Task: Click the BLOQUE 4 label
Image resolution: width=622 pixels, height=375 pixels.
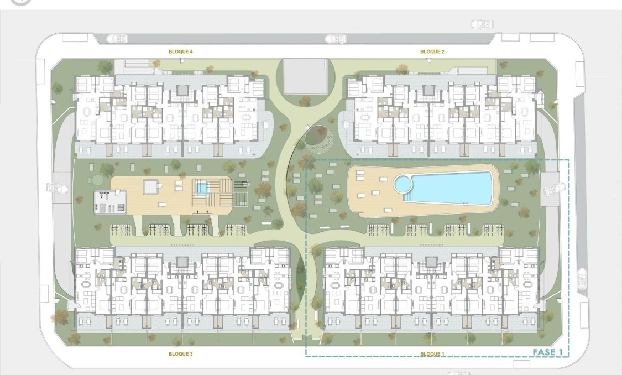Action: [180, 51]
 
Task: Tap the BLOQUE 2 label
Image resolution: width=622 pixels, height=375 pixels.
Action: [432, 51]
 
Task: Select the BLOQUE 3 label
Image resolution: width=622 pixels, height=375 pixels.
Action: [180, 353]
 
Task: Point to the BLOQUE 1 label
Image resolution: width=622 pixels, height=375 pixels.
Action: [432, 353]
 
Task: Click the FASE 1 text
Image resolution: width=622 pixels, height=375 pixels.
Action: [547, 352]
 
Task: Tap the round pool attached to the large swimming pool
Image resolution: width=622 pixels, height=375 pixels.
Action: [403, 183]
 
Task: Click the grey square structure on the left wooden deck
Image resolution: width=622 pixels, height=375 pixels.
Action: [150, 187]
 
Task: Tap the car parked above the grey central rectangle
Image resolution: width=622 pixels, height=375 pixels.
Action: [335, 39]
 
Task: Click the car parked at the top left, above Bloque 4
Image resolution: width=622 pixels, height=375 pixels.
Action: [119, 39]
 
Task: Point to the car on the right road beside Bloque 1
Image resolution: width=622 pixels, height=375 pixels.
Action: [581, 279]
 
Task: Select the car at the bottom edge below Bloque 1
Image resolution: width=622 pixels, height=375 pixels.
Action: [458, 372]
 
